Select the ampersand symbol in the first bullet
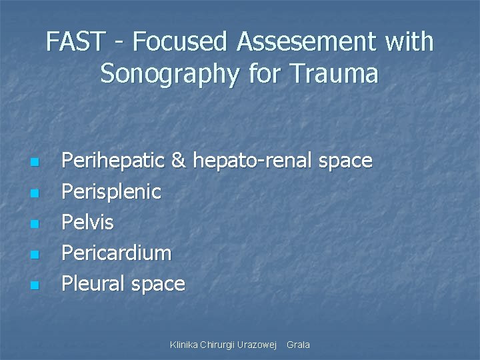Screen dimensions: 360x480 (179, 161)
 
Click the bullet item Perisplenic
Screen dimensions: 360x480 (111, 192)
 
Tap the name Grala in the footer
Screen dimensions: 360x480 (298, 345)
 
